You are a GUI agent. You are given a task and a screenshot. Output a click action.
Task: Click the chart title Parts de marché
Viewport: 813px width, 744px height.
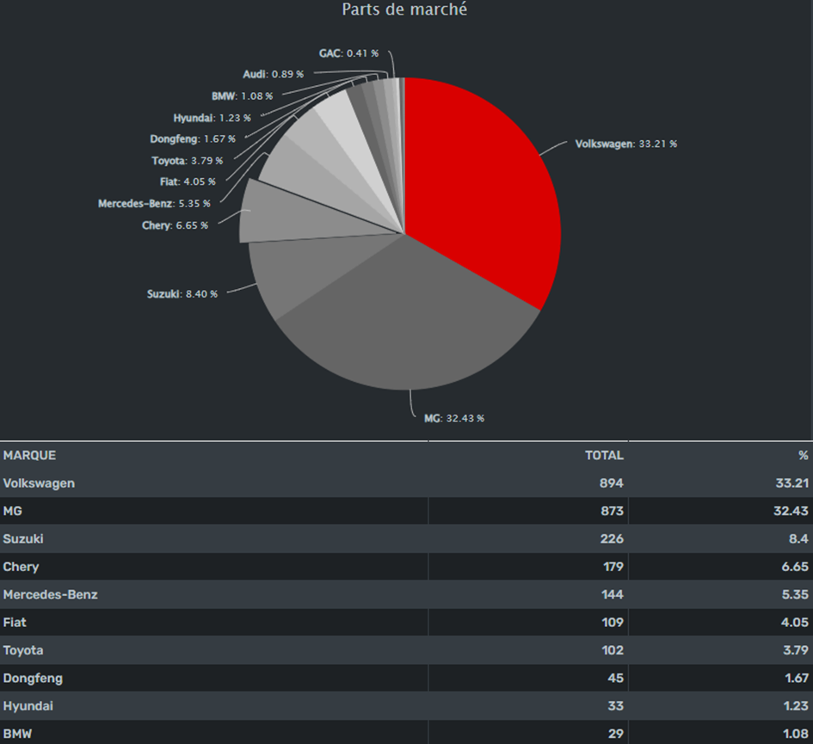[404, 10]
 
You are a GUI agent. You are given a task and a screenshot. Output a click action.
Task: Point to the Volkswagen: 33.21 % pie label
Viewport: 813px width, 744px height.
[625, 144]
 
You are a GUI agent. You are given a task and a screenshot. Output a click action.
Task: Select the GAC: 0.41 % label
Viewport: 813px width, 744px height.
[348, 53]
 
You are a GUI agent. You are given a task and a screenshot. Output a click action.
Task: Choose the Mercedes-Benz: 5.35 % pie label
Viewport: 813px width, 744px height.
[152, 204]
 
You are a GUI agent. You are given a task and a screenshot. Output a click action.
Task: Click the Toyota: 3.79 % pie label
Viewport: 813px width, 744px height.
[187, 160]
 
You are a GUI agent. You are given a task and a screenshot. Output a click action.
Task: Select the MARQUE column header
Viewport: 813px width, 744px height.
[29, 455]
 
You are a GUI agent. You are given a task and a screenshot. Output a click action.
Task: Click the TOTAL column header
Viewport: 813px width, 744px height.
[604, 455]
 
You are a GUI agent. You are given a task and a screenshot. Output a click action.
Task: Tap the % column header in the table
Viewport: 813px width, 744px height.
[803, 455]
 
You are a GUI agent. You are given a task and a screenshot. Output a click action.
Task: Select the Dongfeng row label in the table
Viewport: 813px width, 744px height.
[33, 678]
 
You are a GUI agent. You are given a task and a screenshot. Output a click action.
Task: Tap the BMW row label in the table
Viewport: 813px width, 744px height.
[18, 734]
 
